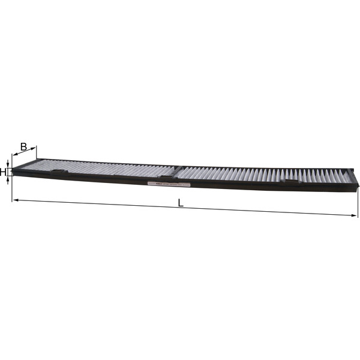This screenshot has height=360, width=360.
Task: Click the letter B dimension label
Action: coord(23,146)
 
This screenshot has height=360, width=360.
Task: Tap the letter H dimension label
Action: coord(4,172)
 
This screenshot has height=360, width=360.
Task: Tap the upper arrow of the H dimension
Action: coord(8,164)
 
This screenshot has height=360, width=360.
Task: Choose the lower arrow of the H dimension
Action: coord(8,179)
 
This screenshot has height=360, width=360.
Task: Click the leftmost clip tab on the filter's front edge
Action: coord(59,173)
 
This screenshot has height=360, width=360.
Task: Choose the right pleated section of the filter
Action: coord(264,175)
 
